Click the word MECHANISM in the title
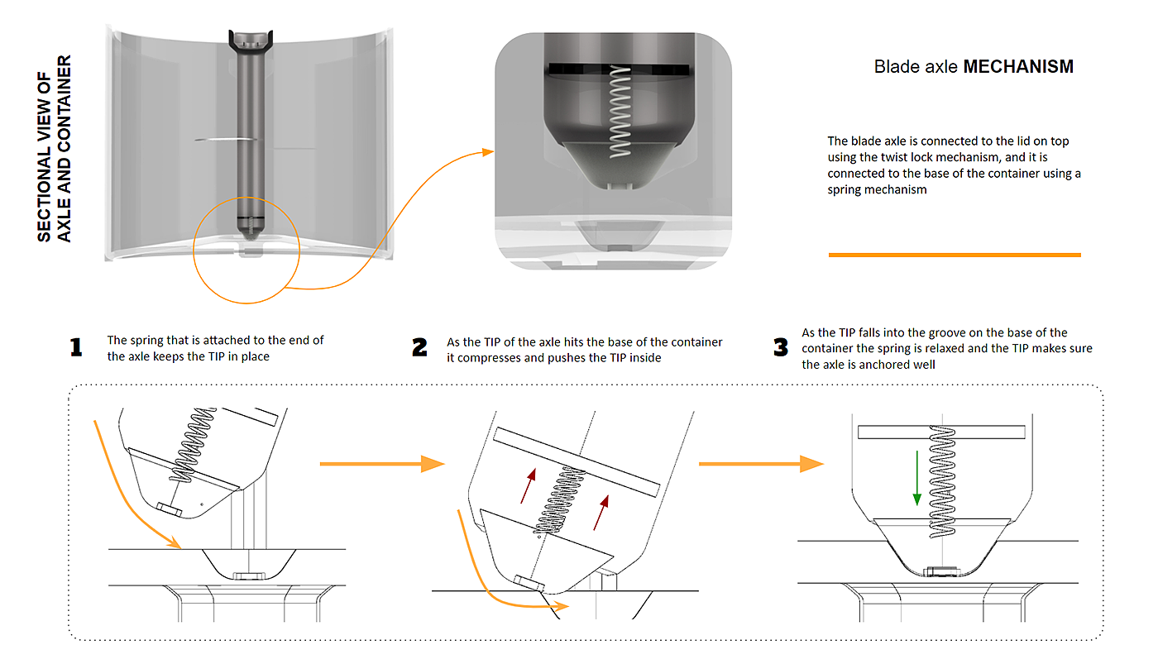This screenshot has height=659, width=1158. pos(1018,67)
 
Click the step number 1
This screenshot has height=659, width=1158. pos(76,347)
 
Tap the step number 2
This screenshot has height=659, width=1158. pos(419,348)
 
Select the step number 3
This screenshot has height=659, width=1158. pos(780,347)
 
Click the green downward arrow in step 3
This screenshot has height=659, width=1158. pos(916,476)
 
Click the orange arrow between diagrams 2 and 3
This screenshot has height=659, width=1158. pos(761,464)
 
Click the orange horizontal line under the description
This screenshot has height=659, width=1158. pos(955,255)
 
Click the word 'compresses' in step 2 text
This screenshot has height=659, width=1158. pos(491,357)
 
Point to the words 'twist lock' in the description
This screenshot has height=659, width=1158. pos(976,157)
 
